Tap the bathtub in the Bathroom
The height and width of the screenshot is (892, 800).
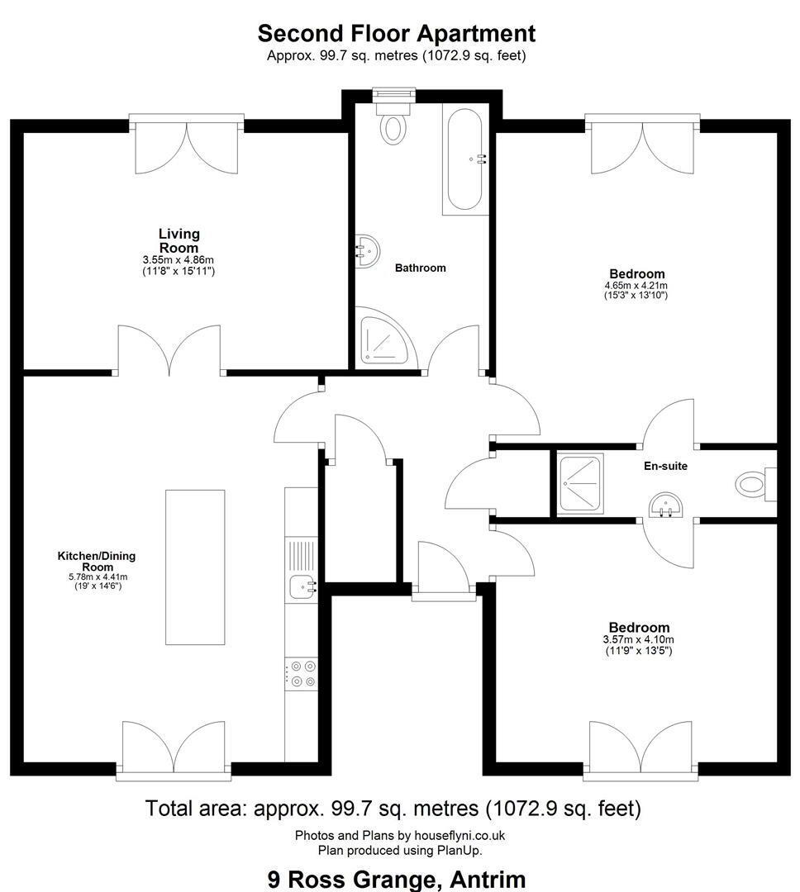click(465, 159)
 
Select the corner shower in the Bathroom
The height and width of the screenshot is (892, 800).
click(385, 338)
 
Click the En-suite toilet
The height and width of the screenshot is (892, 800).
click(755, 485)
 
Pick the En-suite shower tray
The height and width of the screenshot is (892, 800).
click(580, 483)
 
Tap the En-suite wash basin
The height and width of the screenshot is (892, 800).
click(665, 505)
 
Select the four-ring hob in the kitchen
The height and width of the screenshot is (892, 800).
click(301, 674)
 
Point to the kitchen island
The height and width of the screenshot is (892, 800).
click(195, 567)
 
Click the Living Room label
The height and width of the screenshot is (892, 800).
click(179, 240)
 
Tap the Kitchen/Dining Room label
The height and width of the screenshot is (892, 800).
click(97, 561)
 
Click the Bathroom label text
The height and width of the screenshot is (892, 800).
click(420, 268)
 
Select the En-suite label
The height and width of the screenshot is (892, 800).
click(665, 466)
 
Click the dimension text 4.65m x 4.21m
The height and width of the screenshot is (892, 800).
click(636, 286)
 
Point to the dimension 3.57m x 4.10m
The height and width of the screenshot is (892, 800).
click(638, 640)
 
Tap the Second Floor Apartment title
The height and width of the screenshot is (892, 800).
click(397, 33)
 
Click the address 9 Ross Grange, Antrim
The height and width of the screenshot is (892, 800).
click(397, 880)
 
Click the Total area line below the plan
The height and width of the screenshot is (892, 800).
click(393, 808)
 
